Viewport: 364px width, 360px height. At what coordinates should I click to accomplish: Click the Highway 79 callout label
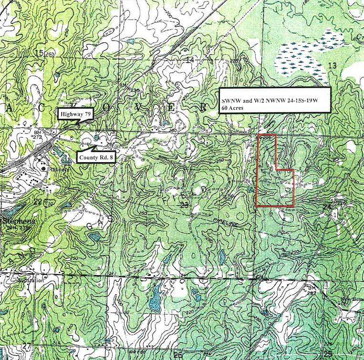[75, 114]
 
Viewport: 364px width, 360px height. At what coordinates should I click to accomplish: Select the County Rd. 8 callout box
[95, 158]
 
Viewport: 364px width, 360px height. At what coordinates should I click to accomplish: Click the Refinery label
[61, 169]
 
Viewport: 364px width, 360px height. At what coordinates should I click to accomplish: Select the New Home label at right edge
[351, 301]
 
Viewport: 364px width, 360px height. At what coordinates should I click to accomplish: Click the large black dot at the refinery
[44, 168]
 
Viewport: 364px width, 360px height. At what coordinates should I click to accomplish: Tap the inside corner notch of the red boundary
[276, 170]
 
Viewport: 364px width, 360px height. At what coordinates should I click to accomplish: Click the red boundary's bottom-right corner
[293, 206]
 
